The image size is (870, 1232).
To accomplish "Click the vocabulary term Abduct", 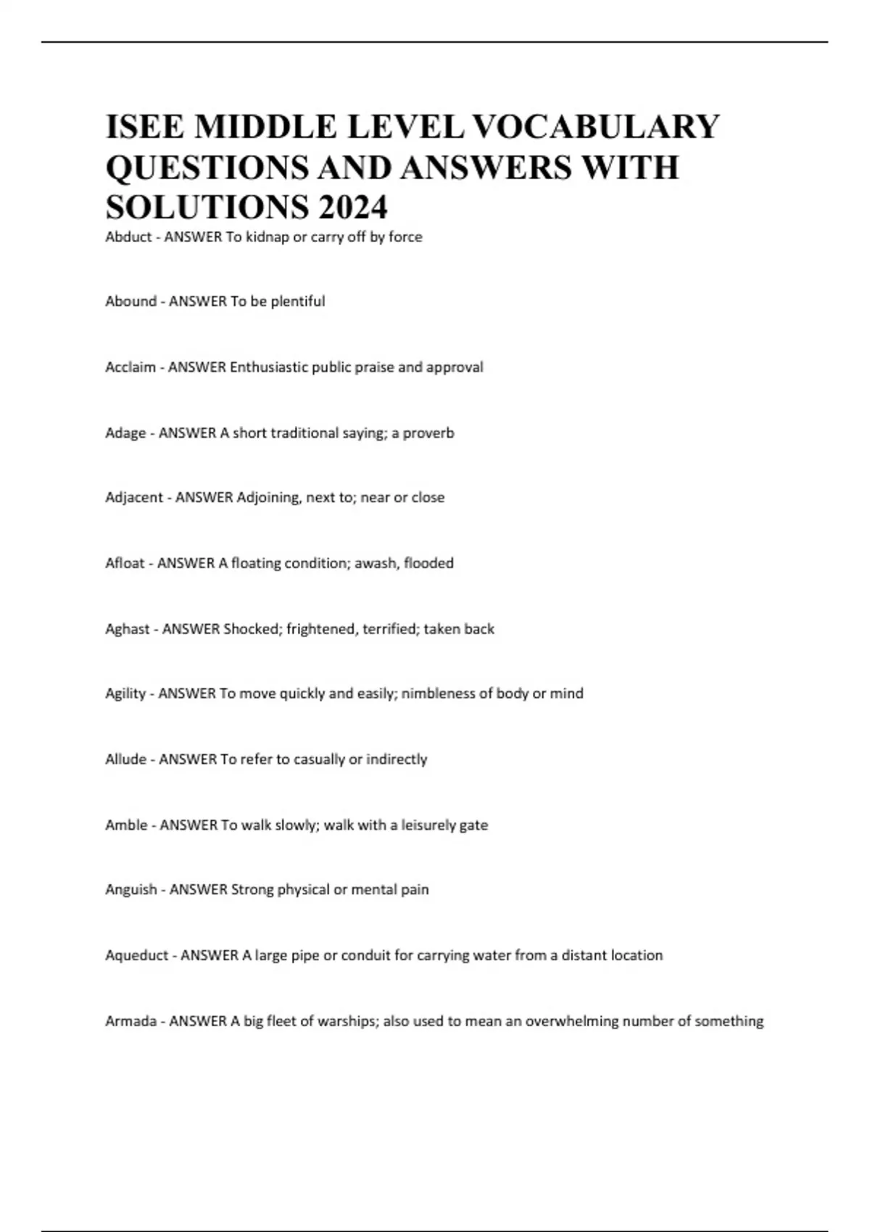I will point(128,237).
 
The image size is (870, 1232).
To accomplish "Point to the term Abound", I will point(130,301).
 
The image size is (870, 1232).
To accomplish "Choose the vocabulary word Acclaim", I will point(130,367).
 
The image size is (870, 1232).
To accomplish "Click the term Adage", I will point(125,433).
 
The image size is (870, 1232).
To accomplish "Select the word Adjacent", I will point(134,498).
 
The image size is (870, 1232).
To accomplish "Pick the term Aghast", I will point(128,629).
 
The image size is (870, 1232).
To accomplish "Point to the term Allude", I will point(125,759).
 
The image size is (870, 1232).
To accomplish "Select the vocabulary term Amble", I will point(126,825).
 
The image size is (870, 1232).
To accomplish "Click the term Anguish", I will point(131,890).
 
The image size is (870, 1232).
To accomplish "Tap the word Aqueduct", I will point(137,955).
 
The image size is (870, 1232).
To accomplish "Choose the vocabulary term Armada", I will point(131,1021).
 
